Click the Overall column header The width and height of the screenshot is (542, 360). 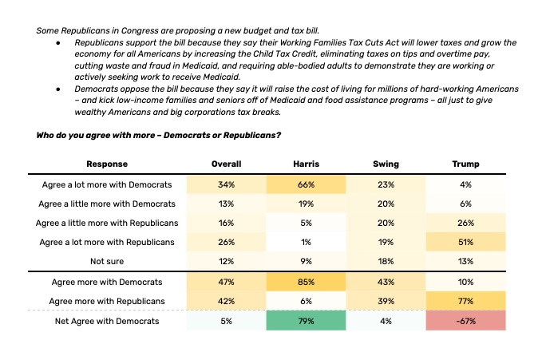(226, 164)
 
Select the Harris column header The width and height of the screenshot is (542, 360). (307, 164)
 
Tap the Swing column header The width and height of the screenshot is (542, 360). (386, 164)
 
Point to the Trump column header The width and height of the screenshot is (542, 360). (466, 164)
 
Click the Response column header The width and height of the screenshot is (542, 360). (106, 164)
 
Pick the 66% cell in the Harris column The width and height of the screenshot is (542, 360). (307, 184)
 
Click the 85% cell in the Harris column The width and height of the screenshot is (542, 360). (307, 282)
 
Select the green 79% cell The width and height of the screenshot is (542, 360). (307, 321)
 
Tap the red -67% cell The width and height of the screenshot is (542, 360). (466, 321)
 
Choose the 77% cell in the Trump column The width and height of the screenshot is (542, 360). (466, 301)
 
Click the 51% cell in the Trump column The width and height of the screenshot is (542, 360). (466, 241)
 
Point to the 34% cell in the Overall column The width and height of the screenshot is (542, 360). (226, 184)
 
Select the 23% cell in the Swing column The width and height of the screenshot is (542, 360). (386, 184)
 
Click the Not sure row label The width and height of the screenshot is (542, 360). (106, 260)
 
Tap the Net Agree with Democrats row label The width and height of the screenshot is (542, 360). (106, 321)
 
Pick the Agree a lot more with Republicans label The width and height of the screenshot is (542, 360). (106, 241)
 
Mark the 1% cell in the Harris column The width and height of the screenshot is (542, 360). (307, 241)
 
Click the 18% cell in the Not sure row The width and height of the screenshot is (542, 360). (386, 260)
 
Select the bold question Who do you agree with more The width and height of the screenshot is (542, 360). (158, 135)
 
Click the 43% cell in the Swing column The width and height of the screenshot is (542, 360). (386, 282)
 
